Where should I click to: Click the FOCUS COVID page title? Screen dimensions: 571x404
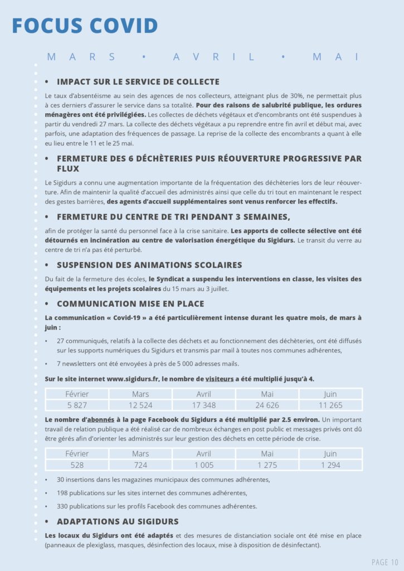click(85, 26)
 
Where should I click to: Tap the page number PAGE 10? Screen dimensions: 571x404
click(385, 562)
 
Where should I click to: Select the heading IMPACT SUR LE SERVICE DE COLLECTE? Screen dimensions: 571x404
click(138, 81)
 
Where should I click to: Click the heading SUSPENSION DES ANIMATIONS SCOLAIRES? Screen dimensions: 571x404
click(149, 265)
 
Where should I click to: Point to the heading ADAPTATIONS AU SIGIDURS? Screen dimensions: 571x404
click(118, 521)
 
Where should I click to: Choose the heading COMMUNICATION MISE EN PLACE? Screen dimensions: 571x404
click(130, 304)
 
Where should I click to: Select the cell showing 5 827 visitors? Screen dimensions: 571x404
click(77, 405)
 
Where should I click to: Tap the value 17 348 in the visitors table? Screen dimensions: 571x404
click(204, 405)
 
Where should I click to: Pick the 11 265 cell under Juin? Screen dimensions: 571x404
click(330, 405)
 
